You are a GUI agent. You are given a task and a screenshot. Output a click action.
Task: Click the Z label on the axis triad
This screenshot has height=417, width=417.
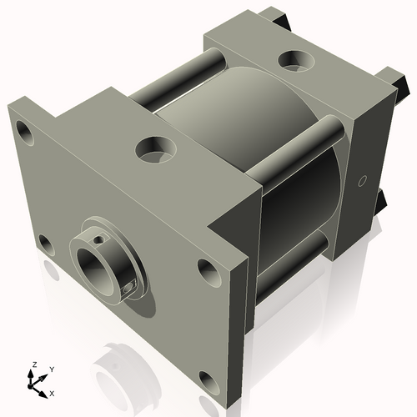33,365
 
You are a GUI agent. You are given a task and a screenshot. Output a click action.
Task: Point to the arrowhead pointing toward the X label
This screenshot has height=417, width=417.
44,389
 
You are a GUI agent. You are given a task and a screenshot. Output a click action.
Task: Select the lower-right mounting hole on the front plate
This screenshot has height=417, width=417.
206,269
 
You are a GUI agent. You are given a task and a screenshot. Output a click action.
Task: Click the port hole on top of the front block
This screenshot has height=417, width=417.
154,150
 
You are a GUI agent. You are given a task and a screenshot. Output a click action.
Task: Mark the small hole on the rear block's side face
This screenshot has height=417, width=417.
361,181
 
